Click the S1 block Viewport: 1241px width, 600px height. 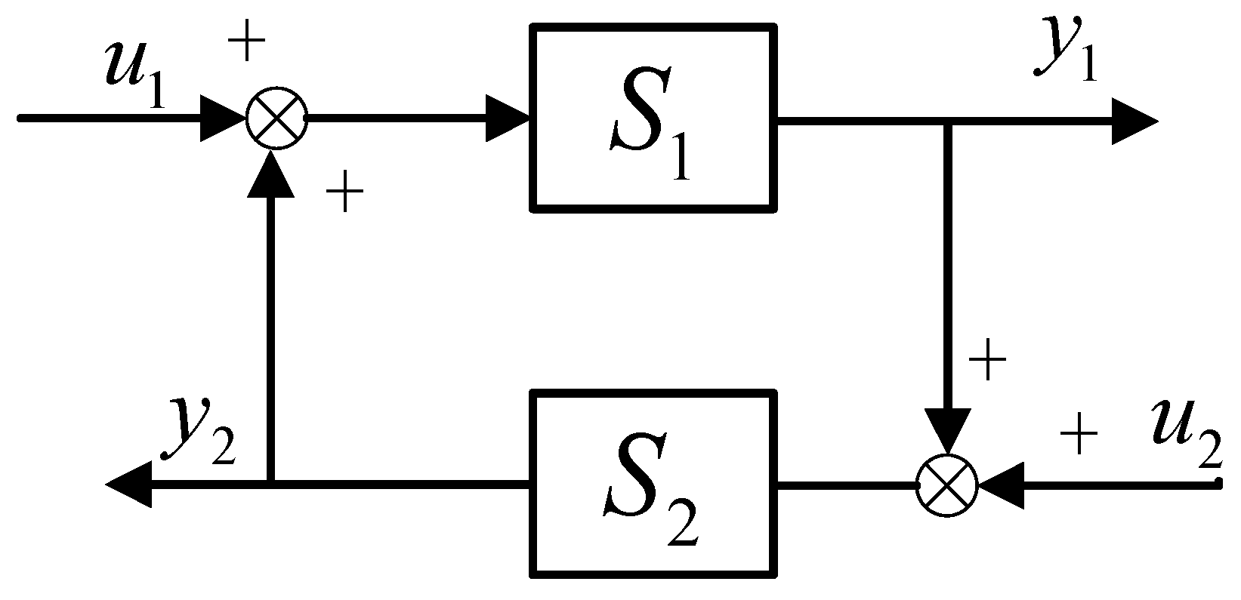coord(654,117)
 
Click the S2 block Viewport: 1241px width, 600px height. coord(654,483)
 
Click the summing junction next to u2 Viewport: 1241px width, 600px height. coord(946,484)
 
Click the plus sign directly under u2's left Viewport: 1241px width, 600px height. coord(1079,435)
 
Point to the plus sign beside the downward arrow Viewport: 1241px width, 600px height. coord(987,361)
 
